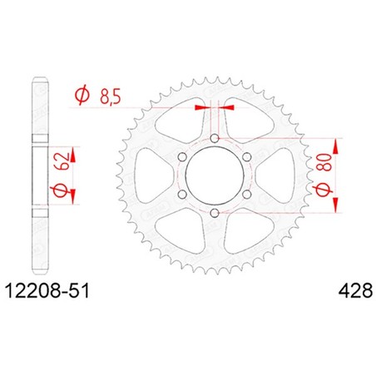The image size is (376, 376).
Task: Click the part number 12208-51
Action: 47,291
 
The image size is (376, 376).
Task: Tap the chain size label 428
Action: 355,291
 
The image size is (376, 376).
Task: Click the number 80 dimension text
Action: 326,162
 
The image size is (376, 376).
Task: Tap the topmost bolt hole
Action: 215,138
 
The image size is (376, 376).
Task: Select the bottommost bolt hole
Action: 215,213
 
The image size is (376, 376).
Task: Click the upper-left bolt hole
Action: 182,157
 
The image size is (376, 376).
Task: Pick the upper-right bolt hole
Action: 247,157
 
